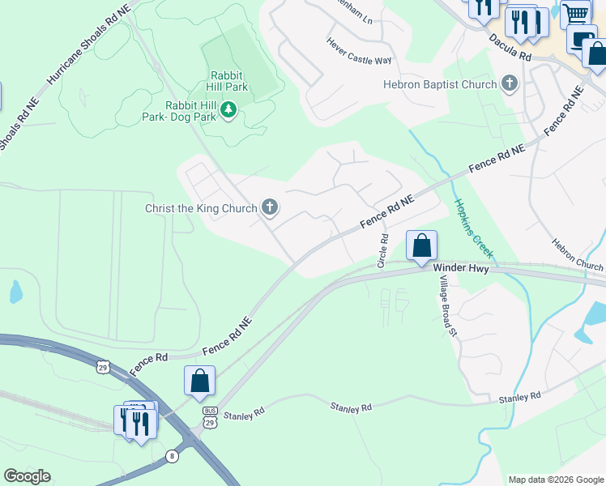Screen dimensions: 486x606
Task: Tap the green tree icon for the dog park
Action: [229, 109]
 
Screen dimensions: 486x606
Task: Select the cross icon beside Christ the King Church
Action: [270, 209]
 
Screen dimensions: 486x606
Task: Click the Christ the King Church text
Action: [200, 209]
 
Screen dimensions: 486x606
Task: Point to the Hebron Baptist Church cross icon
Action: [510, 83]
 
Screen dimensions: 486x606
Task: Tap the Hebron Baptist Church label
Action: [439, 84]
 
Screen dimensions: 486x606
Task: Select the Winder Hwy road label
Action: [461, 268]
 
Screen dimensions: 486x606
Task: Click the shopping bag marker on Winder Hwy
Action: [421, 246]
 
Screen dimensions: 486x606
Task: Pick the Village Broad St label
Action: [446, 305]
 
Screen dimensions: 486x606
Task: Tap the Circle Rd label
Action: [384, 251]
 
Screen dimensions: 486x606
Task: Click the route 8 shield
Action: [172, 456]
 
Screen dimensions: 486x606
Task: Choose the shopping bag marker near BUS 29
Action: [199, 382]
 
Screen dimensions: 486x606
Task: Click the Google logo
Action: [27, 476]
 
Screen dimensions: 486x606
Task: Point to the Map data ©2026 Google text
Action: [556, 480]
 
